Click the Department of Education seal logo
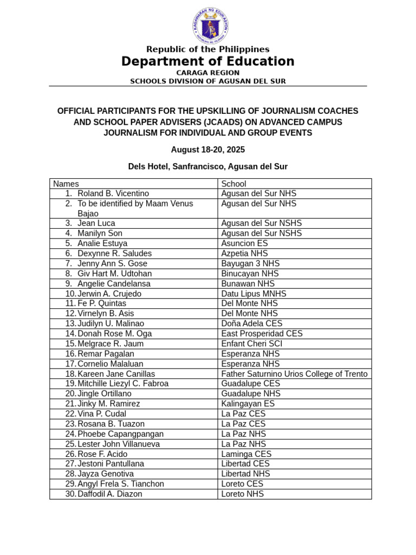210,25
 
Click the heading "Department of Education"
208,62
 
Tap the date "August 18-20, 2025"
208,150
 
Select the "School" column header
233,184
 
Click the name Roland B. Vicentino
113,193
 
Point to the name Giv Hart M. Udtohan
115,274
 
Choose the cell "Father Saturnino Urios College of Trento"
294,374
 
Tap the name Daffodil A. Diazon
110,494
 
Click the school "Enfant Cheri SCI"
251,344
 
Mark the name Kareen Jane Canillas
116,374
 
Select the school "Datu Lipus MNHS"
253,294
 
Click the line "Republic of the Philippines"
208,49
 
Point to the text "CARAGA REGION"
208,73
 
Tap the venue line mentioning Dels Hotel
208,166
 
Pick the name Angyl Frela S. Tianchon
121,484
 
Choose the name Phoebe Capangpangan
120,434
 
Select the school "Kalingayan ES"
248,404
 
